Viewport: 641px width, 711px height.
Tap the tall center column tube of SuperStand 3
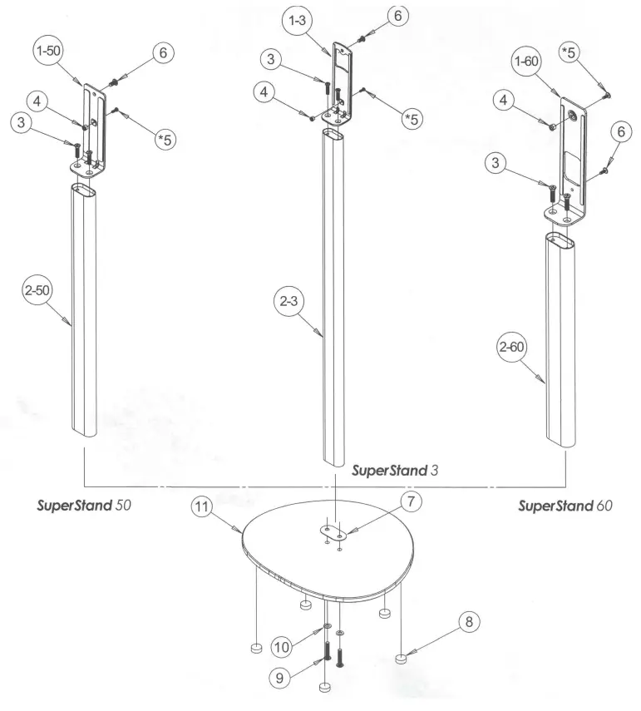click(337, 291)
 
